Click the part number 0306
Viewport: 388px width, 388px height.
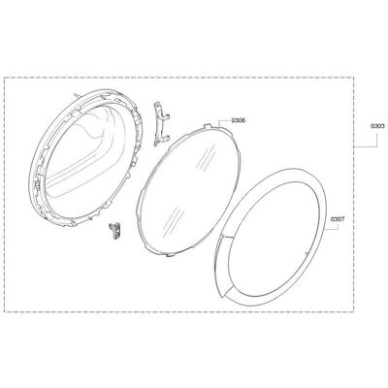(238, 120)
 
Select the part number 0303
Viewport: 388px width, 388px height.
(377, 126)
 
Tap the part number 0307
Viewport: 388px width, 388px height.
(338, 219)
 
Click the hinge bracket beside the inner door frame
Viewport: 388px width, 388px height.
(161, 124)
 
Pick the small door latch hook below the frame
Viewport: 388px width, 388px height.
(114, 231)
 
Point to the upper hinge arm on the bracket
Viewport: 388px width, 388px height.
(166, 117)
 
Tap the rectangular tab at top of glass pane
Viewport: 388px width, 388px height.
(208, 125)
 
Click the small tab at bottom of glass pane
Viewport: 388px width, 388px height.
(168, 255)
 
